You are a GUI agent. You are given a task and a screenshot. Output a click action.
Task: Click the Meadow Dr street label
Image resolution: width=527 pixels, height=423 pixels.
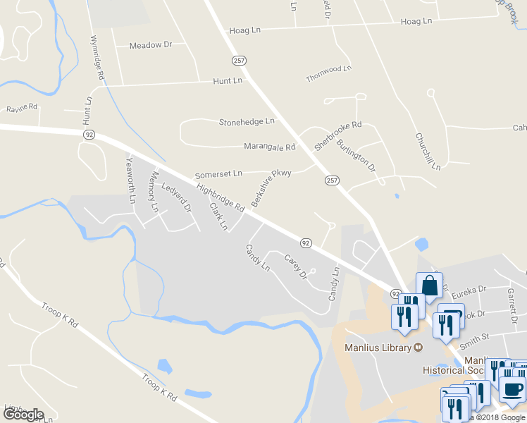pyautogui.click(x=151, y=45)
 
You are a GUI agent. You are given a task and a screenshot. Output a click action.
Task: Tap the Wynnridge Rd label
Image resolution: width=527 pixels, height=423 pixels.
pyautogui.click(x=98, y=57)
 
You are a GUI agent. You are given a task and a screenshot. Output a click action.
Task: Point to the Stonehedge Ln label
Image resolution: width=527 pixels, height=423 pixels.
pyautogui.click(x=246, y=121)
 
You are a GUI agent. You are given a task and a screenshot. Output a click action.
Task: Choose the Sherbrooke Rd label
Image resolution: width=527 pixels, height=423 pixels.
pyautogui.click(x=337, y=135)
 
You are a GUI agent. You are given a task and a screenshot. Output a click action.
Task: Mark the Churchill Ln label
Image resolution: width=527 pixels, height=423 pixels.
pyautogui.click(x=428, y=151)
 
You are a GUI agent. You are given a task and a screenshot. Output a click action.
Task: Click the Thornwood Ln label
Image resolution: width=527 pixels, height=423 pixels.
pyautogui.click(x=328, y=73)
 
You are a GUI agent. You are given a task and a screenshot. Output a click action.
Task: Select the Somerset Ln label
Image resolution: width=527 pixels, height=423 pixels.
pyautogui.click(x=218, y=173)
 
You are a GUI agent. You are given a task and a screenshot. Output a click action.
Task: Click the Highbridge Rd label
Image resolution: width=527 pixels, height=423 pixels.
pyautogui.click(x=221, y=198)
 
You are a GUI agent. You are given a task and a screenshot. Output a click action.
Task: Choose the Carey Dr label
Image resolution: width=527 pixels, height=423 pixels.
pyautogui.click(x=296, y=268)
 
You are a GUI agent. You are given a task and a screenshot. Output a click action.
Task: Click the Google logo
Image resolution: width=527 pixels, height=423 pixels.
pyautogui.click(x=23, y=415)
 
